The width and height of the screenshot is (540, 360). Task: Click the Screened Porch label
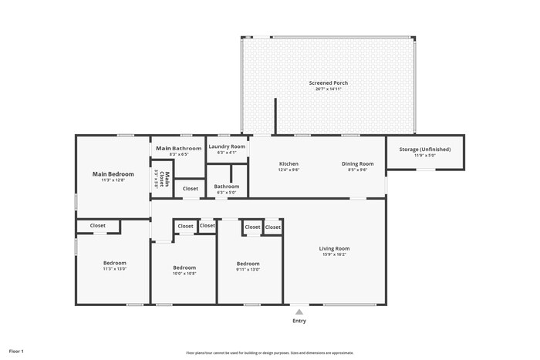[328, 82]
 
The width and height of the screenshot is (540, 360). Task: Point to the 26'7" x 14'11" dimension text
[328, 89]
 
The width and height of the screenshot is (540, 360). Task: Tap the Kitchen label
[289, 163]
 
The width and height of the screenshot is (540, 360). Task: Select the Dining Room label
[358, 163]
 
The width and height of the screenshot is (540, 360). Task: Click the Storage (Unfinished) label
[425, 149]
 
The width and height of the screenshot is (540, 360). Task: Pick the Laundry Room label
[227, 146]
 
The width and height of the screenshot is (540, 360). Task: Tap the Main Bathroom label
[179, 148]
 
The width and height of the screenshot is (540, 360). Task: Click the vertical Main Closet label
[161, 178]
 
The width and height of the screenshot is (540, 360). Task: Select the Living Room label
[335, 248]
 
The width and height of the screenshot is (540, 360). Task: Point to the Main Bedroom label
[113, 174]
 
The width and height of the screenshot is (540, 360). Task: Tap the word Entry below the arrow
[299, 321]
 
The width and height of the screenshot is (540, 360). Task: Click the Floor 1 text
[16, 351]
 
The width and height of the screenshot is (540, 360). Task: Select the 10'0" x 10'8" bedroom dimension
[184, 274]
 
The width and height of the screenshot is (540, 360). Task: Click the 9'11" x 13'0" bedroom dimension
[248, 269]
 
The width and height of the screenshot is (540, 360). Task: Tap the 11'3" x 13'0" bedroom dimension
[114, 269]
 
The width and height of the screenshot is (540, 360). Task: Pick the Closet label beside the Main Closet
[190, 188]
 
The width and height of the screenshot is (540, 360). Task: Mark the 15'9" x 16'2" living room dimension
[335, 254]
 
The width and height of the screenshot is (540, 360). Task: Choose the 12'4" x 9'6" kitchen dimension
[289, 170]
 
